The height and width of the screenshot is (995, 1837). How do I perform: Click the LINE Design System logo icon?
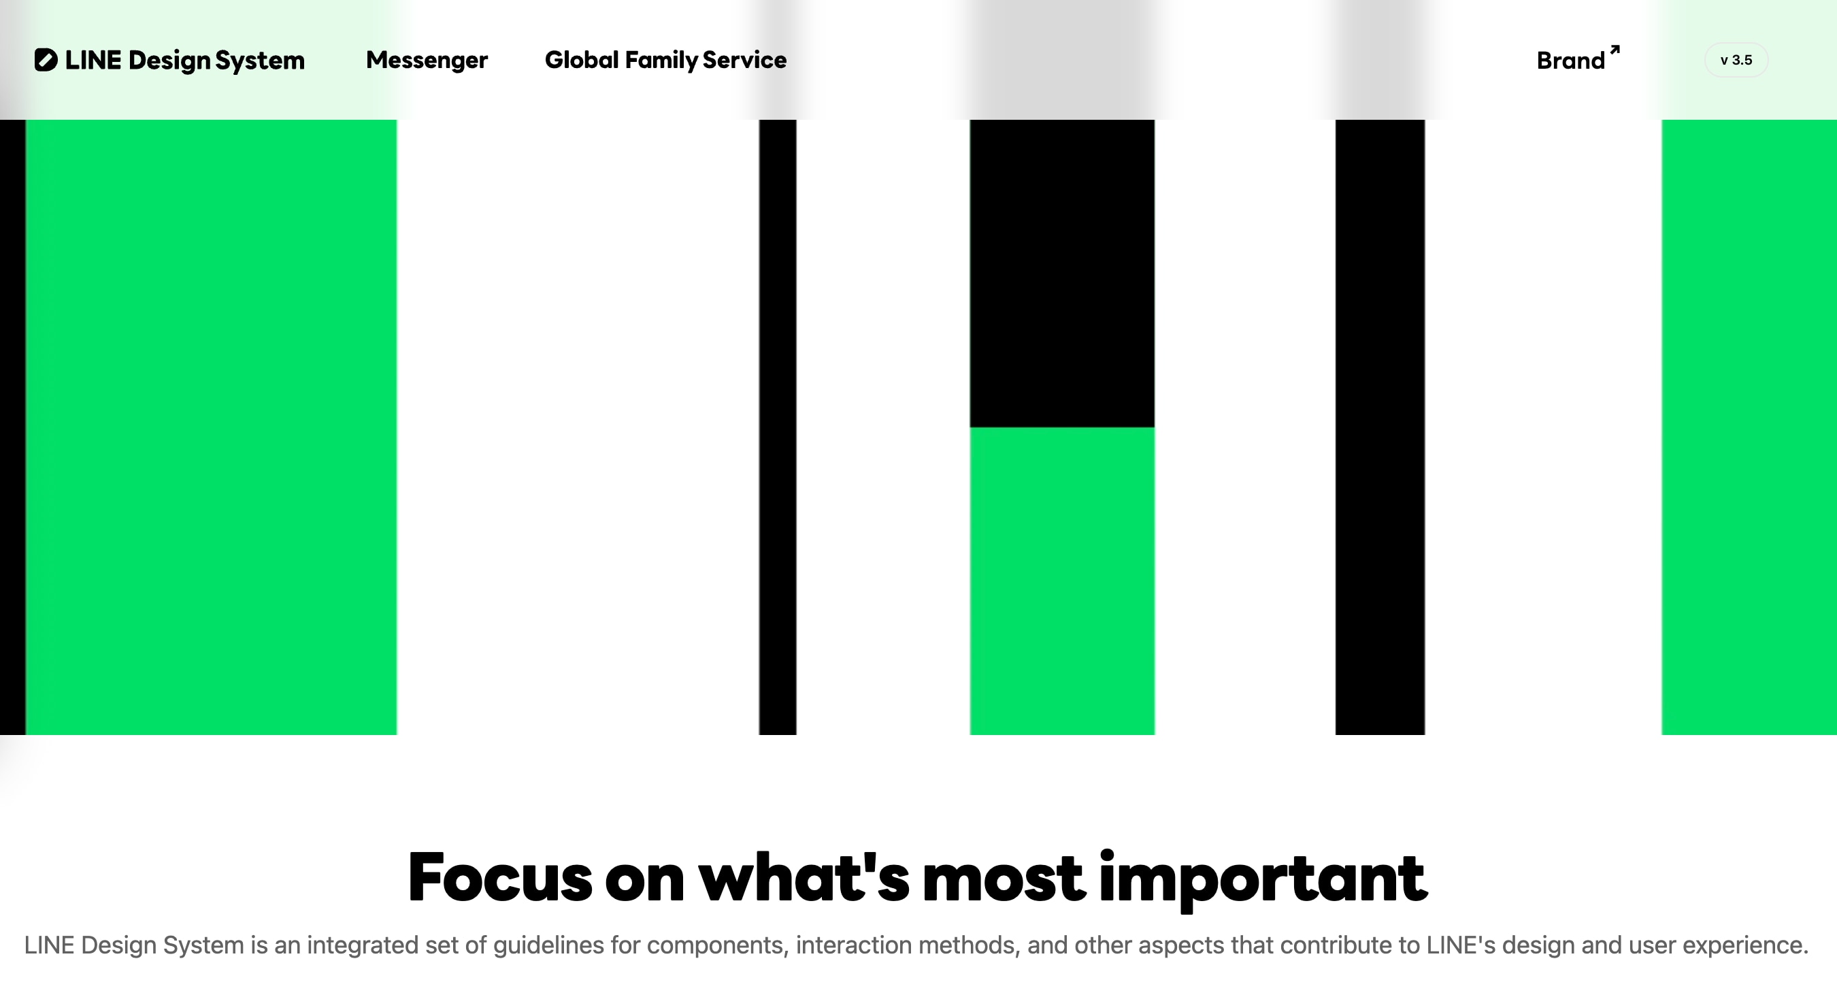[46, 60]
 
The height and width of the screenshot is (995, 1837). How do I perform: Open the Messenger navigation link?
[427, 61]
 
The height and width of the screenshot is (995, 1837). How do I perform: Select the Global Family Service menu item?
[665, 61]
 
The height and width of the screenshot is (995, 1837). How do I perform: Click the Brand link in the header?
[1570, 61]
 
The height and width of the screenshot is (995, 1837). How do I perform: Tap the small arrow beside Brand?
[1615, 50]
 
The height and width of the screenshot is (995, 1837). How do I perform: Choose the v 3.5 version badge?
[1736, 60]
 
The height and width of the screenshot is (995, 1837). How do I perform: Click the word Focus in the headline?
[499, 877]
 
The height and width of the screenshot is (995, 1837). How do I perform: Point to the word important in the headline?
[1263, 880]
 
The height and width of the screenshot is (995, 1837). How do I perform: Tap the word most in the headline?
[1004, 879]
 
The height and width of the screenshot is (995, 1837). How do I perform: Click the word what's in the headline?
[804, 877]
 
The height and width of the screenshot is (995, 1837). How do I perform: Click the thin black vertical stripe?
[777, 427]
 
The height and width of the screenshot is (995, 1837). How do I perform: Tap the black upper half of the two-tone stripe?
[1062, 273]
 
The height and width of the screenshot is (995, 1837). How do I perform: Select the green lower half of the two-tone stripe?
[1062, 581]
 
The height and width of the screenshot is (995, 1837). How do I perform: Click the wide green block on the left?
[211, 427]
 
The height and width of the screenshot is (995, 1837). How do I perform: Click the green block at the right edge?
[1749, 427]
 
